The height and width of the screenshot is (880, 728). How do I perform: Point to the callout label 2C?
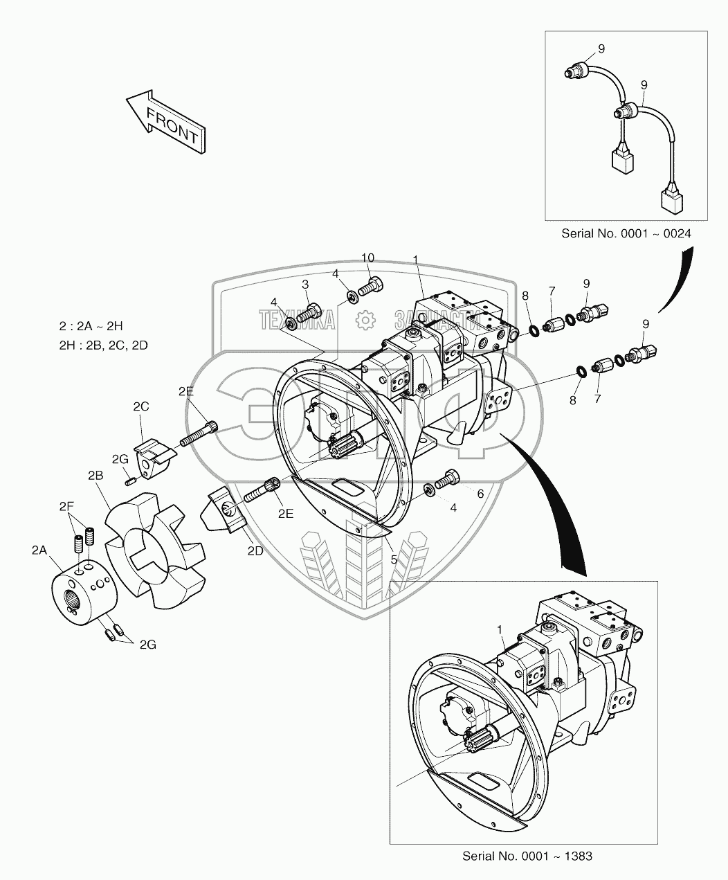[x=141, y=406]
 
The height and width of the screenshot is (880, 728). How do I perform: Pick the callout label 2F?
[x=66, y=507]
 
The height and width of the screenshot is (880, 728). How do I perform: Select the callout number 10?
[x=367, y=258]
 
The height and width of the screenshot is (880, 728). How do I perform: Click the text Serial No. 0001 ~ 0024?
[x=626, y=233]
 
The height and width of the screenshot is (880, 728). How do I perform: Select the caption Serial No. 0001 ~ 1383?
[x=528, y=856]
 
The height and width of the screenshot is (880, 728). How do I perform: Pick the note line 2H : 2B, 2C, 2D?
[x=104, y=345]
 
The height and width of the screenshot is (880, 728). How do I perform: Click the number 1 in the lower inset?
[x=499, y=629]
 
